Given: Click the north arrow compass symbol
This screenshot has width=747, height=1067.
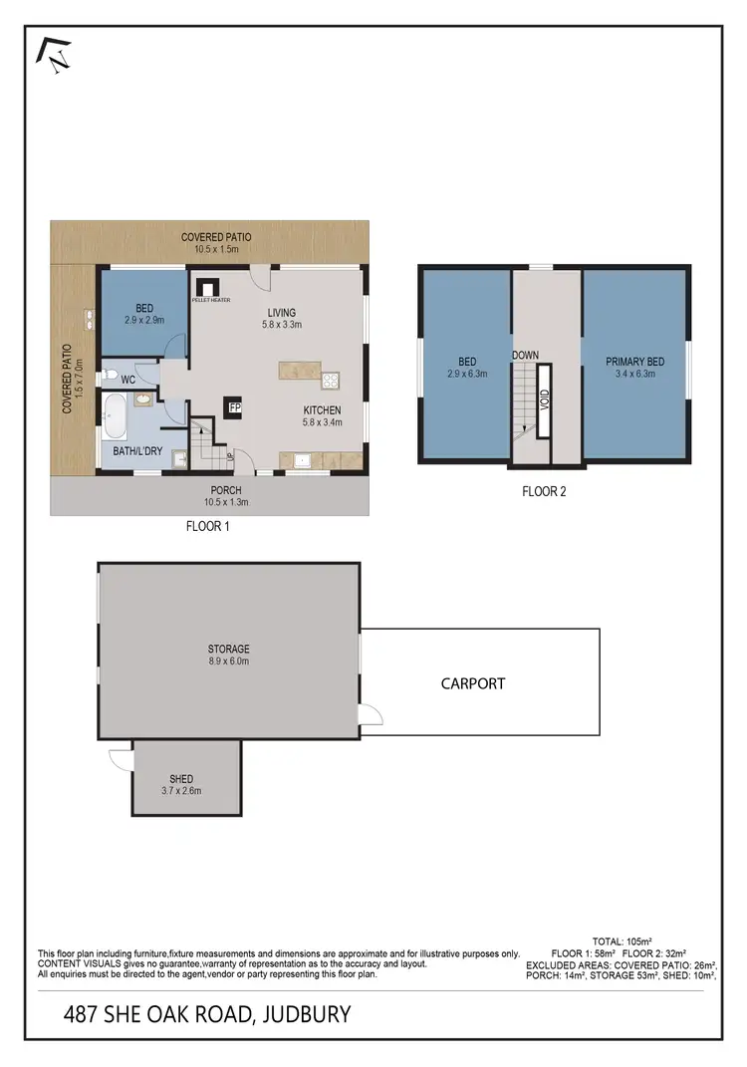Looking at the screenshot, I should click(x=56, y=54).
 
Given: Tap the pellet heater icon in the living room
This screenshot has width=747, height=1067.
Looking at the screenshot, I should click(x=209, y=285).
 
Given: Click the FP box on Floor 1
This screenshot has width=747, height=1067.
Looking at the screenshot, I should click(x=235, y=407).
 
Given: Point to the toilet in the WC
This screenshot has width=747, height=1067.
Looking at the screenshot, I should click(x=107, y=377).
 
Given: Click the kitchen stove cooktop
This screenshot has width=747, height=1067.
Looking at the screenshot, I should click(x=330, y=379).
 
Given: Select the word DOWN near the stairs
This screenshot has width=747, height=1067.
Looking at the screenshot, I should click(x=525, y=355).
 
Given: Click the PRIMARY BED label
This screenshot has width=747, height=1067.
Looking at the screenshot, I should click(x=634, y=362).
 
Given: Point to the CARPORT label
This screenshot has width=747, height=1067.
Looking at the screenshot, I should click(x=473, y=683).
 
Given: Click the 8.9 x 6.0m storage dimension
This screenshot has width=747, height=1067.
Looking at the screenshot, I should click(x=229, y=662).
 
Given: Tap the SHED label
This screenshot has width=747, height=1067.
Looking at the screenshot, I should click(x=181, y=779).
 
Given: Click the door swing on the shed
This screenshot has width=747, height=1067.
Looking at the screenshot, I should click(x=122, y=759).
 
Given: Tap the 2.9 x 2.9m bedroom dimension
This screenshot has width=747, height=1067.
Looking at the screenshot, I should click(x=142, y=321).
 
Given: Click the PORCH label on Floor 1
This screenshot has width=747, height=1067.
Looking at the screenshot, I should click(x=225, y=490).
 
